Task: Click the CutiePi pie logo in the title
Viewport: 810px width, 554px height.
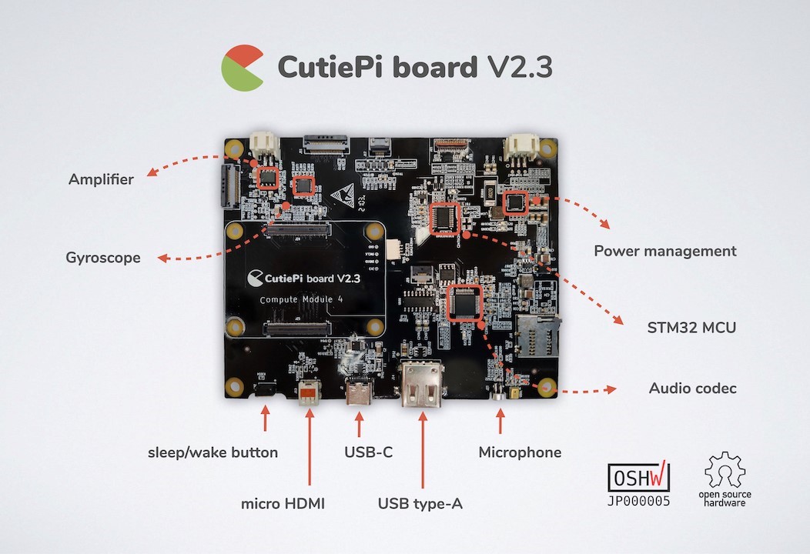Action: click(242, 68)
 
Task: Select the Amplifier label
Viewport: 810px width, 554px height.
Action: click(101, 179)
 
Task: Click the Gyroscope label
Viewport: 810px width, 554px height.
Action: click(103, 258)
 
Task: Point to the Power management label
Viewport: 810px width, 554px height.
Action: click(665, 251)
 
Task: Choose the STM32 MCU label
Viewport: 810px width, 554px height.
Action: click(691, 327)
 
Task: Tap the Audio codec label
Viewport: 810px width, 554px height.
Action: click(692, 388)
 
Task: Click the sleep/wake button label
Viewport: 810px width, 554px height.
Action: click(213, 452)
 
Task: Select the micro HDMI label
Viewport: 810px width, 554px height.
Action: click(283, 504)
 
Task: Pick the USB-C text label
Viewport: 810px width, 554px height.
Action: click(368, 452)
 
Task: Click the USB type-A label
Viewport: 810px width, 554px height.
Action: click(420, 504)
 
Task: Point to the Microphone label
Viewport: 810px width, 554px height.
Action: click(520, 452)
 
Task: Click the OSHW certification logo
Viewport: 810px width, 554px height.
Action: click(639, 478)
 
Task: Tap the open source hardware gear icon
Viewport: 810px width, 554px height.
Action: click(725, 470)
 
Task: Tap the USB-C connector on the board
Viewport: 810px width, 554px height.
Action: click(360, 393)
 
